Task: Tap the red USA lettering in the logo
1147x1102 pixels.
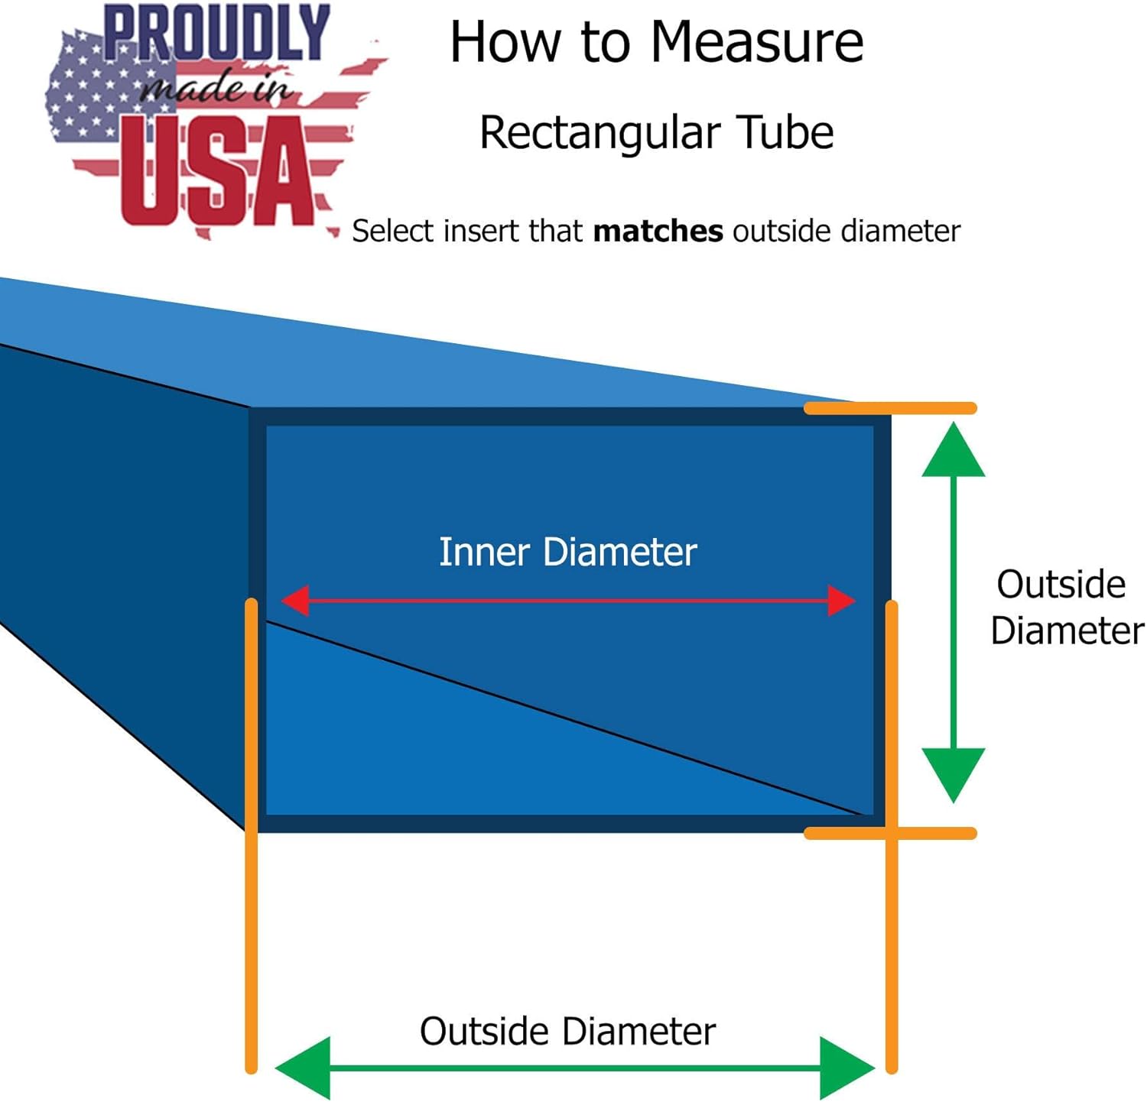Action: [x=218, y=171]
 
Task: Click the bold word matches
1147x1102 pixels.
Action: [x=658, y=231]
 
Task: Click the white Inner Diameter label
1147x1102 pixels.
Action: [x=567, y=552]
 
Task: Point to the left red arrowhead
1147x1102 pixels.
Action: [x=295, y=601]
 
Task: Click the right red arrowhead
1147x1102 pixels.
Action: [x=841, y=601]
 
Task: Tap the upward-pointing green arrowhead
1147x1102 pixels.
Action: [x=953, y=451]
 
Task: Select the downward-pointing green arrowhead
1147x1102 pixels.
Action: [x=953, y=773]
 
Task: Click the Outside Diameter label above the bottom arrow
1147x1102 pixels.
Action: [x=567, y=1031]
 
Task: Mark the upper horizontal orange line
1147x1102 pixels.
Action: [x=890, y=408]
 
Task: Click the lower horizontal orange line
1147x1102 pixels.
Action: [x=890, y=833]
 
